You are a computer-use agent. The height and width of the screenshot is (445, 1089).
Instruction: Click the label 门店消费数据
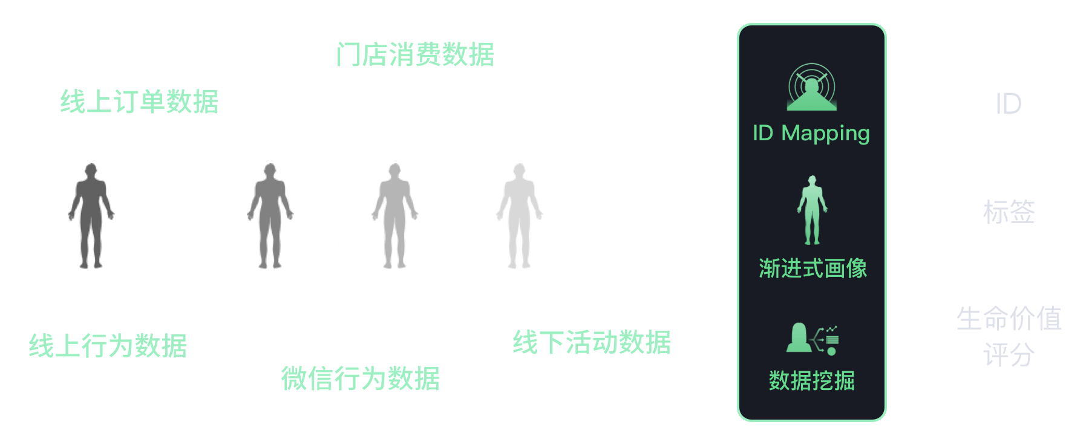[415, 54]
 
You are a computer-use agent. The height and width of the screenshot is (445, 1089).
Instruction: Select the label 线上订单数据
[139, 102]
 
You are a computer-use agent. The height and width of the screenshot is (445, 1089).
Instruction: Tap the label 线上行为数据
[108, 346]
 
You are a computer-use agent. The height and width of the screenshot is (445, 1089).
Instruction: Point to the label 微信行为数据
[360, 379]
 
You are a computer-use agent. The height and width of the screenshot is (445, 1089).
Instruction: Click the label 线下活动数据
[592, 342]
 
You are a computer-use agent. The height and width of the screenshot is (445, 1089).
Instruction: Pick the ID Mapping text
[811, 133]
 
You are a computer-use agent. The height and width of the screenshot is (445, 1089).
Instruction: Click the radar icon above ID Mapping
[811, 88]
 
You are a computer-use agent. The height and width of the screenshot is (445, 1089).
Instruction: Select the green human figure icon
[812, 210]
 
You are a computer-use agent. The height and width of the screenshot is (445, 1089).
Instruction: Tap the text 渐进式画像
[813, 268]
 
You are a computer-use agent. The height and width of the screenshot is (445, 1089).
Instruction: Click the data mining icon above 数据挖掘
[812, 339]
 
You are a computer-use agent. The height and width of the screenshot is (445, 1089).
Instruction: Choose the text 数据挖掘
[811, 381]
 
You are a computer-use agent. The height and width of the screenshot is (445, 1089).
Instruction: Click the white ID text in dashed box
[1009, 104]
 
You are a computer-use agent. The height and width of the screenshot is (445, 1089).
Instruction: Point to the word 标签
[1009, 212]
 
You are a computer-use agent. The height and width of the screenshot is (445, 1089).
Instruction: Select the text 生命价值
[1009, 319]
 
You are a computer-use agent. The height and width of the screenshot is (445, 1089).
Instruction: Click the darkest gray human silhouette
[91, 215]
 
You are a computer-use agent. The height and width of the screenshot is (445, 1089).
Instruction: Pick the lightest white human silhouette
[519, 215]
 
